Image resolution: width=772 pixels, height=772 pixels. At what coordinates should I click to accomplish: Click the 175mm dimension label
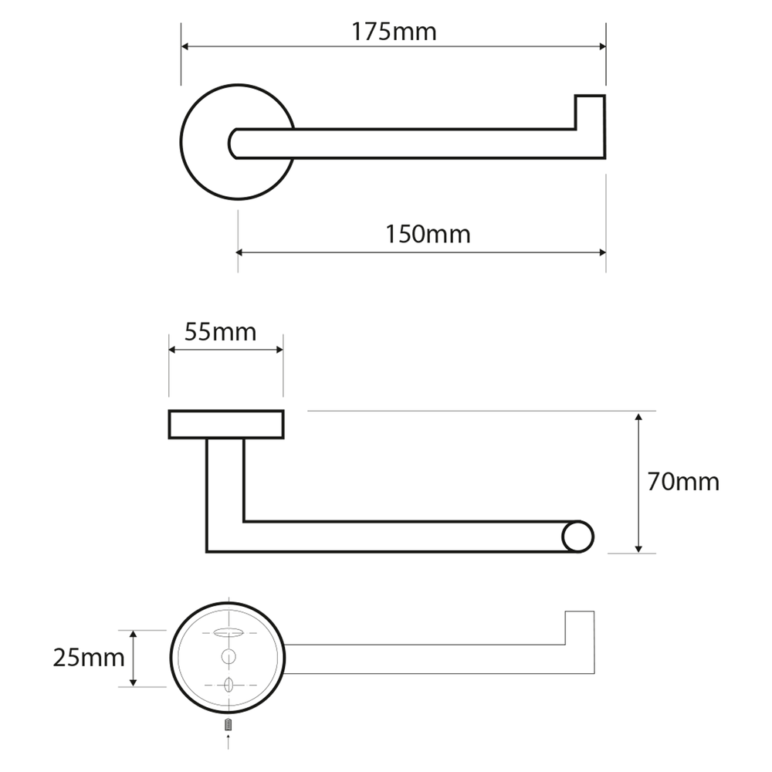pos(394,32)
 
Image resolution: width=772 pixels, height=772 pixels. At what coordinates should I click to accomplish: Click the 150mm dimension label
pos(428,235)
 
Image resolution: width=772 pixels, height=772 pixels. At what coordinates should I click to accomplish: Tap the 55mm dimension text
pos(221,332)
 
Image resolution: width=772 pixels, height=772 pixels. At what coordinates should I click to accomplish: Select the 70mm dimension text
pos(683,482)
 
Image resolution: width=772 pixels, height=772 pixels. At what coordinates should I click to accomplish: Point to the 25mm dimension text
pos(89,658)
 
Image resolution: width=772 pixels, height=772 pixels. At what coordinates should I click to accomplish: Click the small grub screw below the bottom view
pos(228,725)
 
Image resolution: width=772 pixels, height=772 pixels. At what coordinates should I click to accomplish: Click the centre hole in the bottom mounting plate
pos(229,656)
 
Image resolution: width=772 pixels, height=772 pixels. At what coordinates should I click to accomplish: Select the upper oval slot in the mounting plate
pos(229,633)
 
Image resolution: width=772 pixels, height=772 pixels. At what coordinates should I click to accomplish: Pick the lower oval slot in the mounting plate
pos(229,685)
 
